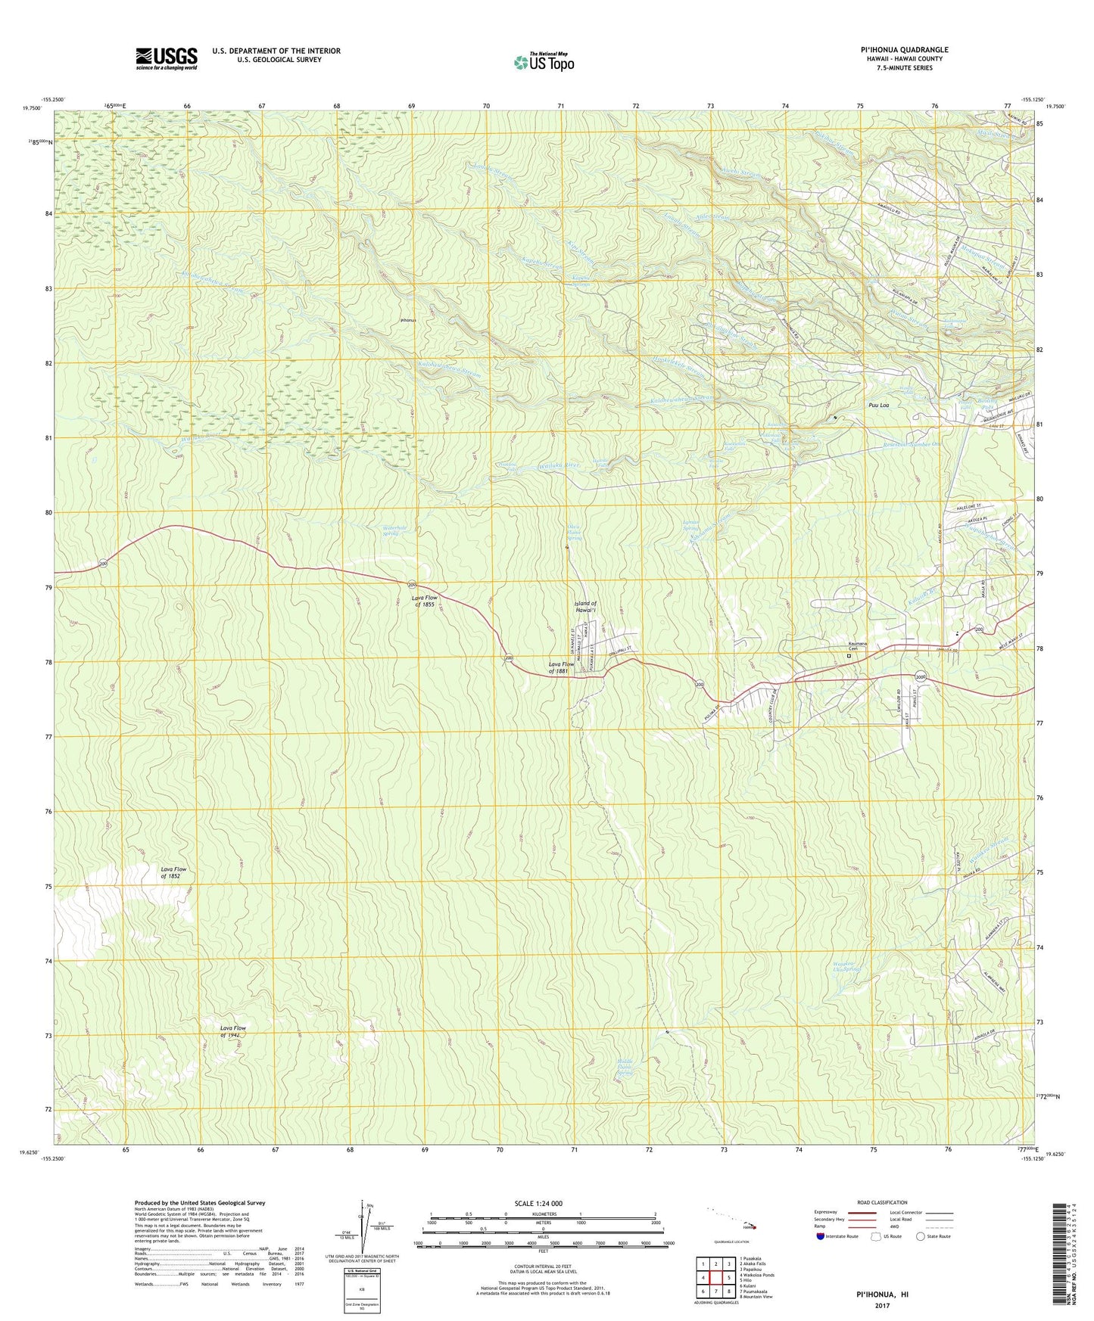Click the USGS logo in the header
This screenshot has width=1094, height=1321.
pos(167,58)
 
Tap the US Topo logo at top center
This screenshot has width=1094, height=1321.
pos(543,62)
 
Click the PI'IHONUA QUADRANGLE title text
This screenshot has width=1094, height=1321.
pos(904,50)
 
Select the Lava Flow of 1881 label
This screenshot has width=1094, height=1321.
pos(563,667)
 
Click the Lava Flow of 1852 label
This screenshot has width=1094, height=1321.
pos(173,873)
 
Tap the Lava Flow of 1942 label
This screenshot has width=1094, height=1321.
pos(233,1031)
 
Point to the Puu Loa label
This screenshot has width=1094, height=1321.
pos(878,406)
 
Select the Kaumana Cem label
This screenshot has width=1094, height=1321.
pos(857,647)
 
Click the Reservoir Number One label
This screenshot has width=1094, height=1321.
pos(921,444)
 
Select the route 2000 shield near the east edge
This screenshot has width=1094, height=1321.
pos(920,676)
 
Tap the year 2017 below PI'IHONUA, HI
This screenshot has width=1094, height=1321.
pos(881,1305)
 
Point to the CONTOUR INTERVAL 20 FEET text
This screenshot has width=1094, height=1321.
pos(542,1266)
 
